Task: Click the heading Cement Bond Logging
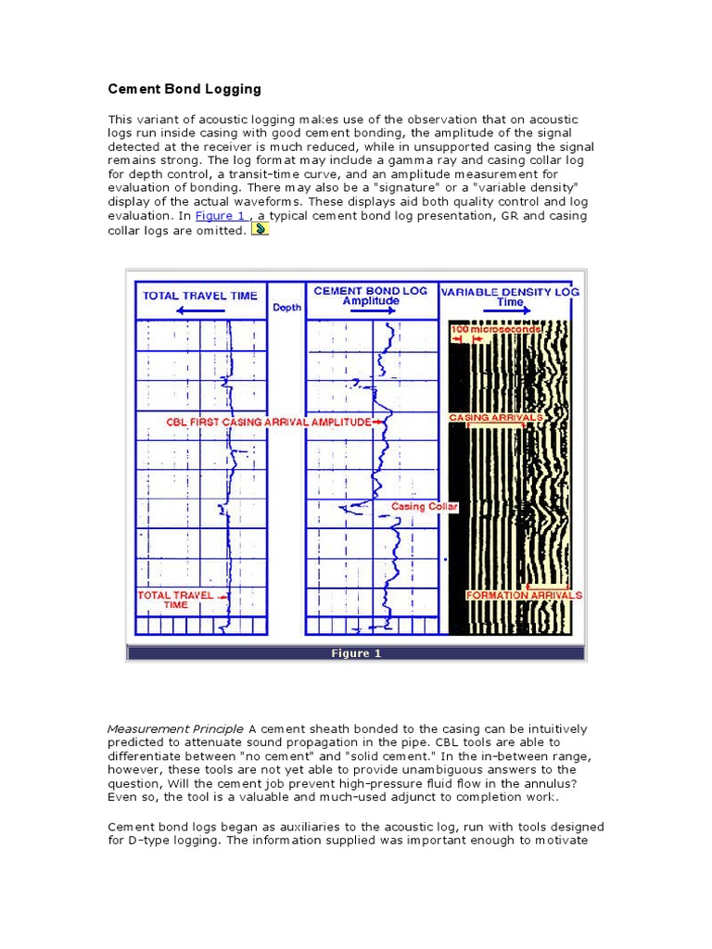pyautogui.click(x=184, y=90)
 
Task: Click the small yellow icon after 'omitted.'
pyautogui.click(x=261, y=229)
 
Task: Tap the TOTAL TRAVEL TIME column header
pyautogui.click(x=199, y=296)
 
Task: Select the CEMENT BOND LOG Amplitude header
pyautogui.click(x=370, y=295)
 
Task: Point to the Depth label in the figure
pyautogui.click(x=286, y=307)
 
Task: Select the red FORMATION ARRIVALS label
pyautogui.click(x=524, y=595)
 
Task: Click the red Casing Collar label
pyautogui.click(x=424, y=507)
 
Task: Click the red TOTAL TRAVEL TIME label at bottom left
pyautogui.click(x=175, y=600)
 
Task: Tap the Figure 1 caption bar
pyautogui.click(x=356, y=653)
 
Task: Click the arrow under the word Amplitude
pyautogui.click(x=370, y=313)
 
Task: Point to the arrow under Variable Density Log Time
pyautogui.click(x=512, y=313)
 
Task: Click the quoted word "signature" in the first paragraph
pyautogui.click(x=422, y=188)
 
